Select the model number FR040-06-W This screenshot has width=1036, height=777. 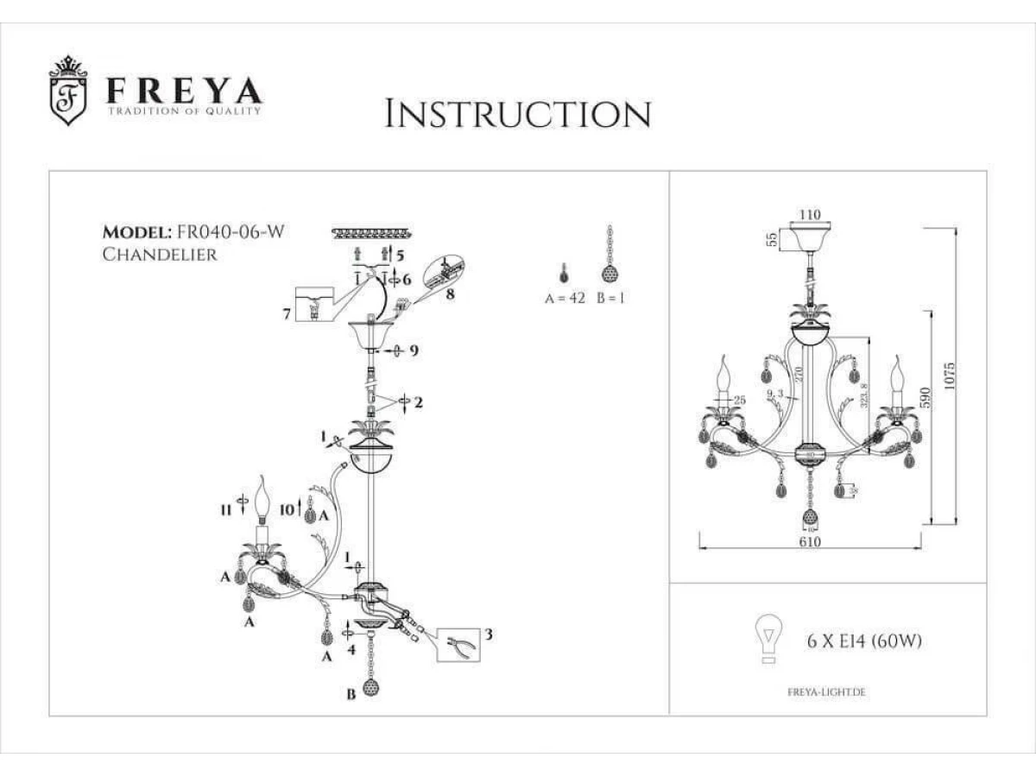231,231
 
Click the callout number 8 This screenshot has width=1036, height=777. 451,294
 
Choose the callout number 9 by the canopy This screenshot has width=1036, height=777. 414,351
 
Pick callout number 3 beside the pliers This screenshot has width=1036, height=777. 488,635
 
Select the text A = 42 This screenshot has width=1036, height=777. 565,298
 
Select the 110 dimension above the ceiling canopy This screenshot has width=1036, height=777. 809,215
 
